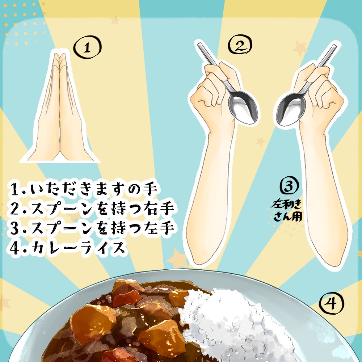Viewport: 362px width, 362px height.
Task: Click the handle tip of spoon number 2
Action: tap(199, 45)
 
